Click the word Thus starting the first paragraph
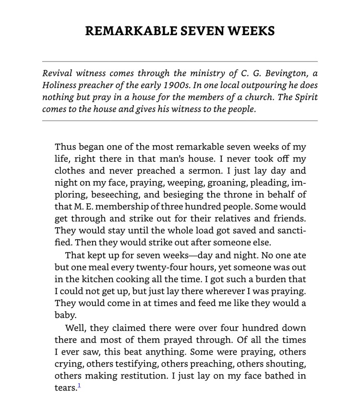(x=65, y=147)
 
